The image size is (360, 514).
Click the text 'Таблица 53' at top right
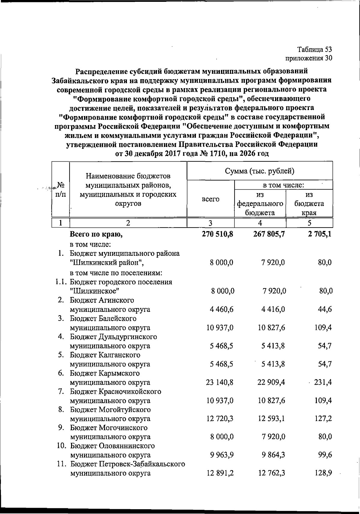(x=315, y=49)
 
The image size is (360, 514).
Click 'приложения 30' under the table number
(x=309, y=58)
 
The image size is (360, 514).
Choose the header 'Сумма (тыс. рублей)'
(x=259, y=171)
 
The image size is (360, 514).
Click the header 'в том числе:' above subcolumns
(x=283, y=185)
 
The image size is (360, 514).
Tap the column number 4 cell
(x=260, y=223)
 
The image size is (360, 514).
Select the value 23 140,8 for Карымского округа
(x=220, y=382)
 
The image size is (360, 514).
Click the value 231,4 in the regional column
(x=323, y=382)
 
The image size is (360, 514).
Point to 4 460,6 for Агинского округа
(x=222, y=309)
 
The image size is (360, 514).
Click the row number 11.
(x=62, y=464)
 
